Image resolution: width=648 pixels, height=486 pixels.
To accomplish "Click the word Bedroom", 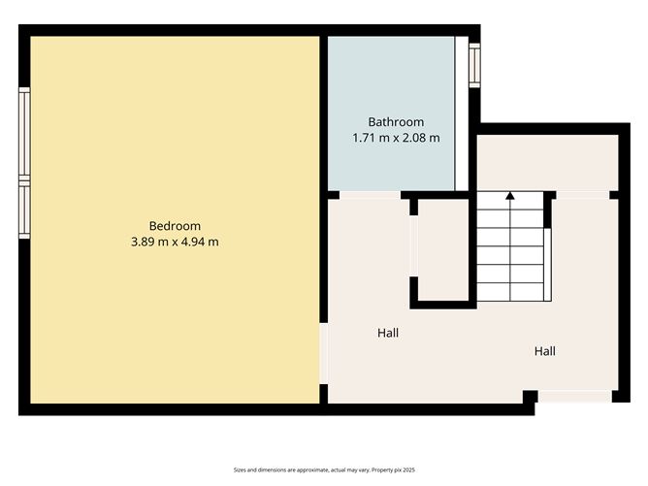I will (x=175, y=226).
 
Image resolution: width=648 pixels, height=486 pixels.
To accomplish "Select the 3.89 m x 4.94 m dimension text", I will (x=175, y=242).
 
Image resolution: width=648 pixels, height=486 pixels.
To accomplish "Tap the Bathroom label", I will (x=396, y=122).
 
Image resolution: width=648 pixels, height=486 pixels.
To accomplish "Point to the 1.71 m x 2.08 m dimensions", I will (x=396, y=138).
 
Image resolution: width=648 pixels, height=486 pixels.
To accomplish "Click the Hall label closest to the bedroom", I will (x=388, y=333).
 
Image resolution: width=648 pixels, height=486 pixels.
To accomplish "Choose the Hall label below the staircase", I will (x=545, y=351).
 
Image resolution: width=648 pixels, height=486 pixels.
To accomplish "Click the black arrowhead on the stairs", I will (x=510, y=196).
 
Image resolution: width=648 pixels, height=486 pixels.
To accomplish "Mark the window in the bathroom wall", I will (x=474, y=64).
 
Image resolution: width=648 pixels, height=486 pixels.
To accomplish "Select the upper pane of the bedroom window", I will (x=24, y=134).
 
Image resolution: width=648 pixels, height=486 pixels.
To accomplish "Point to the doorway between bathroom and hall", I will (x=370, y=195).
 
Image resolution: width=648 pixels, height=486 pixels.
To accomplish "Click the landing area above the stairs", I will (x=546, y=163).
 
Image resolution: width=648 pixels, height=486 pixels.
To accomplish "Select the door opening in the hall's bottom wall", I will (x=574, y=397).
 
